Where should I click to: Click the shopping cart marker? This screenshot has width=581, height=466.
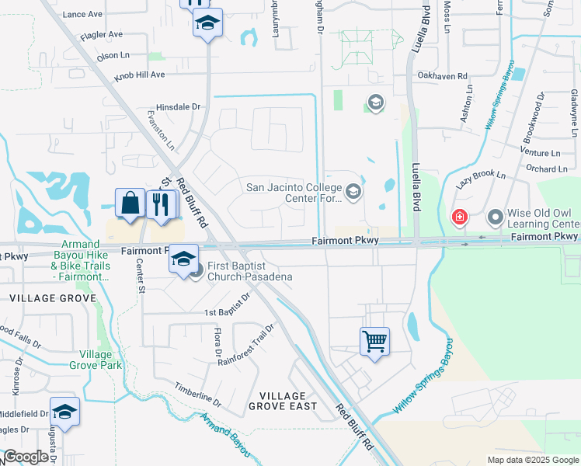point(374,341)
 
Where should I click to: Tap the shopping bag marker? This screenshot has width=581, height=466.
point(130,203)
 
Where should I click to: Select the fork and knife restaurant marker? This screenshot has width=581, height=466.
point(161,205)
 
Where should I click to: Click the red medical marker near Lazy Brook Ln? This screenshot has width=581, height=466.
point(460,217)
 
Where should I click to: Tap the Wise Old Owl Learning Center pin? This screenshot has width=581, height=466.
point(495,217)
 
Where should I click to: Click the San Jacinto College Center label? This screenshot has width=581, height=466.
point(294,192)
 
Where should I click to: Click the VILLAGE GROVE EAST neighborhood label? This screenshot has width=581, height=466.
point(283,401)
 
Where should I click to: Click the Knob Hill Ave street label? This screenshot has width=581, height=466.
point(140,75)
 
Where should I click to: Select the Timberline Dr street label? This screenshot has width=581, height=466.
point(197,395)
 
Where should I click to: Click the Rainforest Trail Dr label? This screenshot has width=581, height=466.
point(246,345)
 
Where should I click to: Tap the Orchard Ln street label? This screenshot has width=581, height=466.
point(546,169)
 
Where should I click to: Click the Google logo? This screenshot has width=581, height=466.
point(26,457)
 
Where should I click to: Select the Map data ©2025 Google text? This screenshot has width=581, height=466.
point(532,460)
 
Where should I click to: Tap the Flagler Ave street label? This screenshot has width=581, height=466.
point(104,35)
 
